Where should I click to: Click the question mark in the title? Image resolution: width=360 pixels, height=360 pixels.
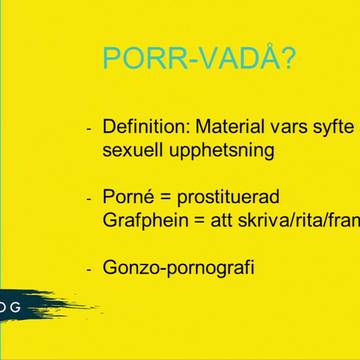tap(286, 60)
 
